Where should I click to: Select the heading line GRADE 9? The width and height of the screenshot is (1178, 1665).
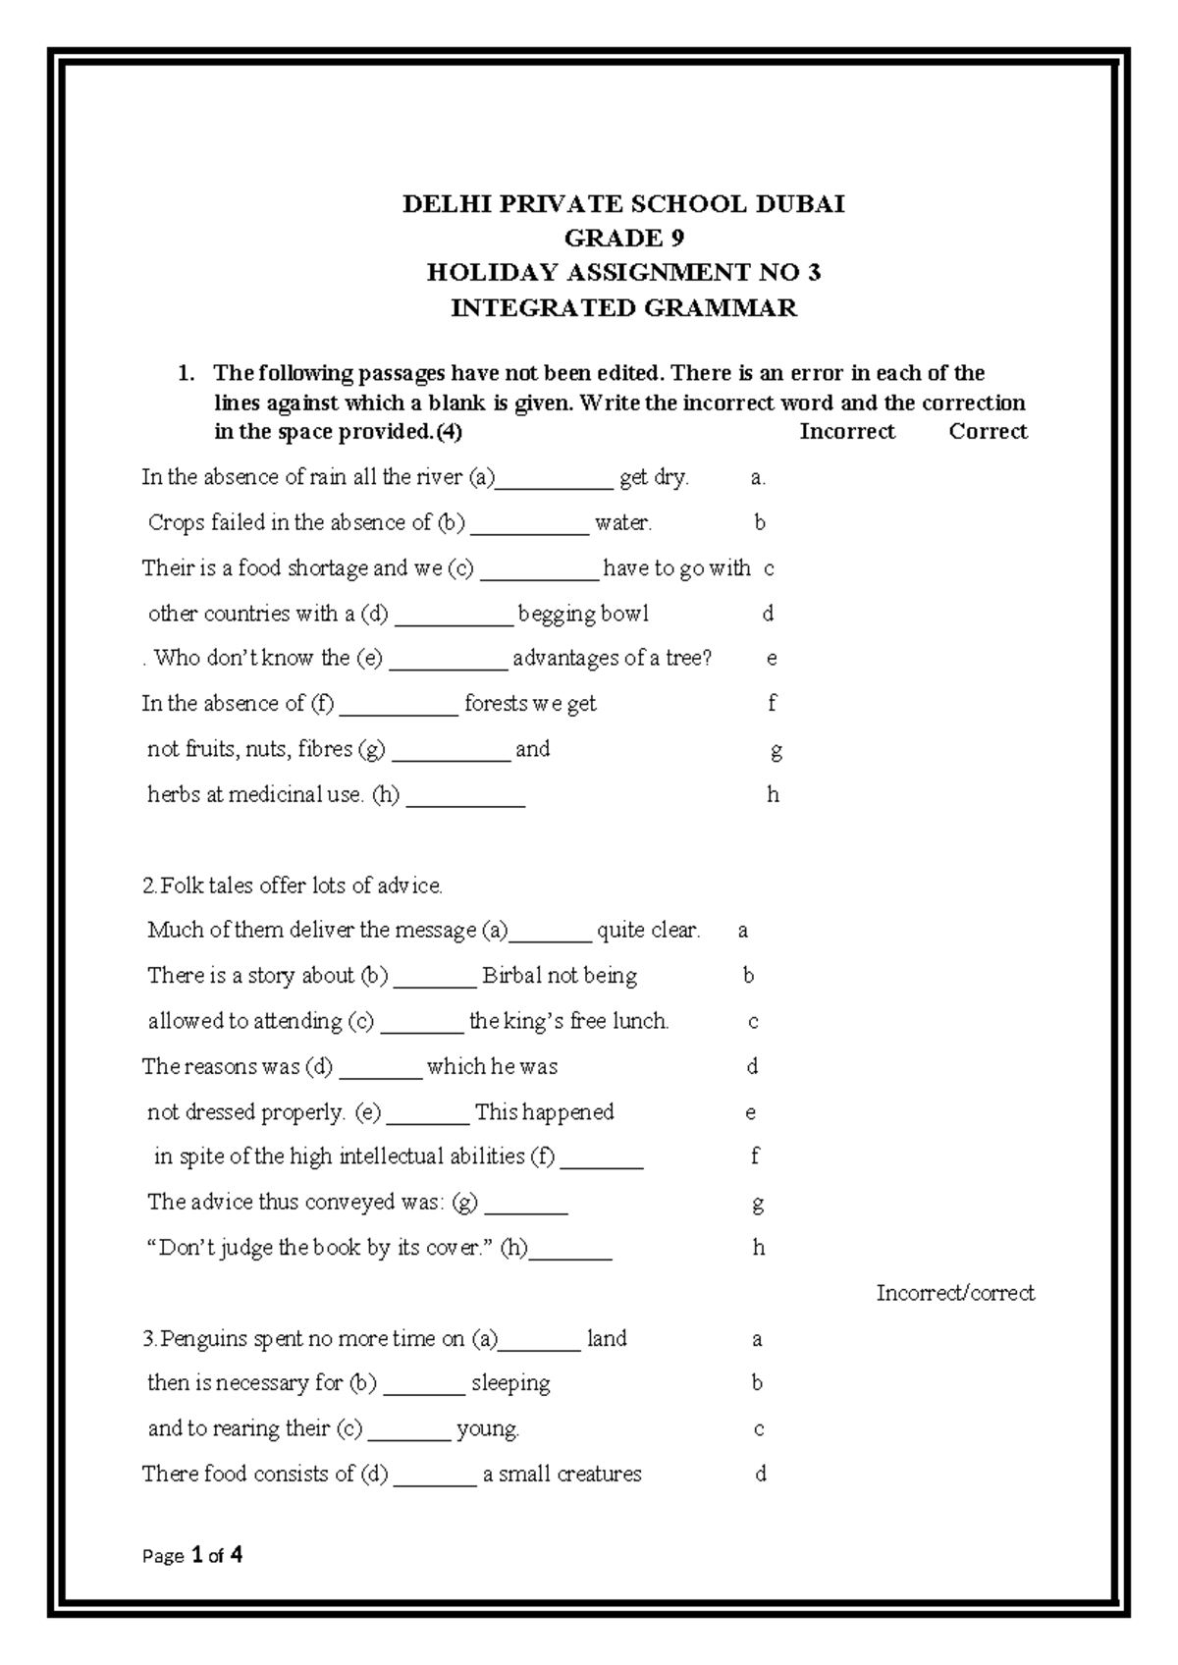(x=623, y=239)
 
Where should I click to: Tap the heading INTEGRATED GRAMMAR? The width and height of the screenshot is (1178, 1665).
(x=623, y=308)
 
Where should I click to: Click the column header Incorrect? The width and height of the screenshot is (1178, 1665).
(x=846, y=432)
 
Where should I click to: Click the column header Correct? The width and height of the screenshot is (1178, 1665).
(x=988, y=432)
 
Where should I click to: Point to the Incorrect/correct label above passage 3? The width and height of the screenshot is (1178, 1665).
(x=955, y=1293)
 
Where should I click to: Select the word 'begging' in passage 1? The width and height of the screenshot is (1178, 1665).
(x=557, y=615)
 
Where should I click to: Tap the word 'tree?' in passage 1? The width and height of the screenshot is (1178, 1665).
(x=687, y=658)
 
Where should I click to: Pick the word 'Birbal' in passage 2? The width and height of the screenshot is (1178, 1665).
(x=510, y=976)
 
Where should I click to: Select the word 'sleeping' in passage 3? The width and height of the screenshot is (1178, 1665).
(x=510, y=1384)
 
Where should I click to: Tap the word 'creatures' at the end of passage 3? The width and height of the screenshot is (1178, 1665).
(x=599, y=1475)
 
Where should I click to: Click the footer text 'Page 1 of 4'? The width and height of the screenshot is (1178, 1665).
(x=192, y=1555)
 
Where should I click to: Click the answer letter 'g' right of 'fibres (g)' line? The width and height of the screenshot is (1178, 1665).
(x=776, y=752)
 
